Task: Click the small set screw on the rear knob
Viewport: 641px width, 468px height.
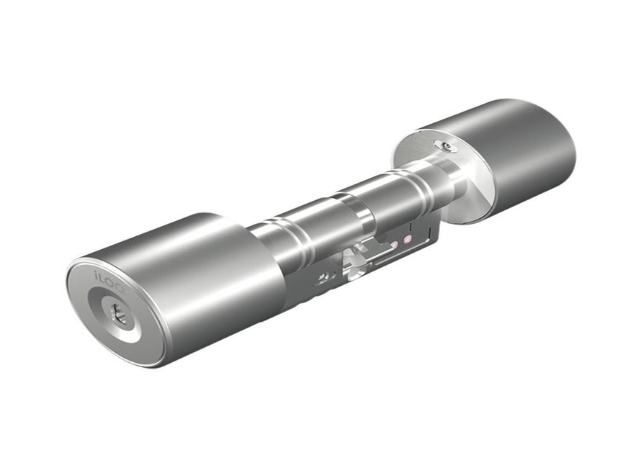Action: (448, 147)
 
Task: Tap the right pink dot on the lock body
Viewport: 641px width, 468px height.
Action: (408, 238)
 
